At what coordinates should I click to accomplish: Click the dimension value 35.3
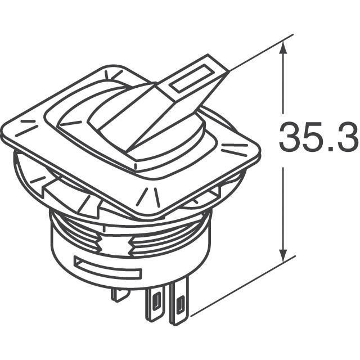318,138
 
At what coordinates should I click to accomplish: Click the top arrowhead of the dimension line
283,51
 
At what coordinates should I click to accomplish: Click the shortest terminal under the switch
119,294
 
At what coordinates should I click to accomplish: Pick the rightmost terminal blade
180,307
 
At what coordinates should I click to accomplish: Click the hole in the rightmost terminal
180,307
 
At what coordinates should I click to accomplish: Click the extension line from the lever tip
259,53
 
